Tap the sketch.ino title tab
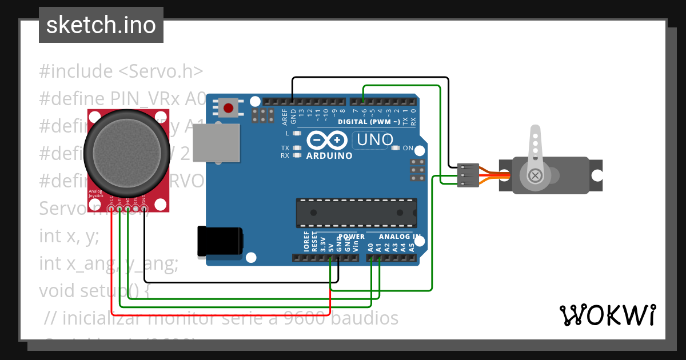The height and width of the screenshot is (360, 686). [101, 25]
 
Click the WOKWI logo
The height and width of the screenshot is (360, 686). [607, 315]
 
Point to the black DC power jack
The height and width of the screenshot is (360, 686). [220, 241]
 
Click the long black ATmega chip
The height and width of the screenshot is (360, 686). [356, 213]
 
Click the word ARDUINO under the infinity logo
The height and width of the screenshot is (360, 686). [329, 155]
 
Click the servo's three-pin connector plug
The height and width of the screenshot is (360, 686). [468, 175]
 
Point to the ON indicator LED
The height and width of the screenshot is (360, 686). [395, 148]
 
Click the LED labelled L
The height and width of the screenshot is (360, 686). [296, 133]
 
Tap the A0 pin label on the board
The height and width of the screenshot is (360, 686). [370, 247]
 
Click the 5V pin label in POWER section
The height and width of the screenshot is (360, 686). [330, 248]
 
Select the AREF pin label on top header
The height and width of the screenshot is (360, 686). [285, 117]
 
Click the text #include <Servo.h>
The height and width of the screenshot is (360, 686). [121, 71]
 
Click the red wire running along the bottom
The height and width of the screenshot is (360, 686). [229, 315]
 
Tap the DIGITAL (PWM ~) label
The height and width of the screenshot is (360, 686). [368, 122]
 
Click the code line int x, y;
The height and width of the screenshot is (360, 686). [69, 235]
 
